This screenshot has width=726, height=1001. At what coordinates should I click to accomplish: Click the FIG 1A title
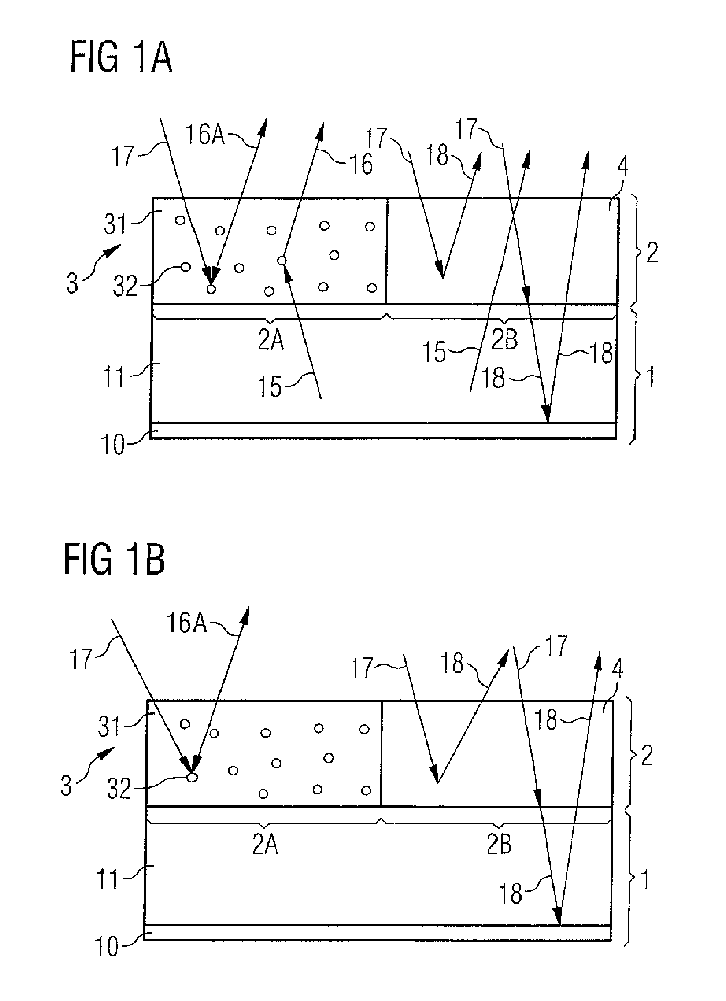(121, 59)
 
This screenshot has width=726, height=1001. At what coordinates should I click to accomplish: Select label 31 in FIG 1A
(116, 225)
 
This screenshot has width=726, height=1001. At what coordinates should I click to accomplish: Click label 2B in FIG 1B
(499, 833)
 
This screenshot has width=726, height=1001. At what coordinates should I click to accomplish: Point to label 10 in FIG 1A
(113, 445)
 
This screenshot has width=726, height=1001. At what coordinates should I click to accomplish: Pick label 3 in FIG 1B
(67, 787)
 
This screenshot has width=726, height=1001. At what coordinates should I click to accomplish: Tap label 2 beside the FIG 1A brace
(652, 253)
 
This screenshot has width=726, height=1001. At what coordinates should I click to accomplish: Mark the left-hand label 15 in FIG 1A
(271, 387)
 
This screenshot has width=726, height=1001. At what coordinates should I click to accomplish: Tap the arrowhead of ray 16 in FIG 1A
(320, 131)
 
